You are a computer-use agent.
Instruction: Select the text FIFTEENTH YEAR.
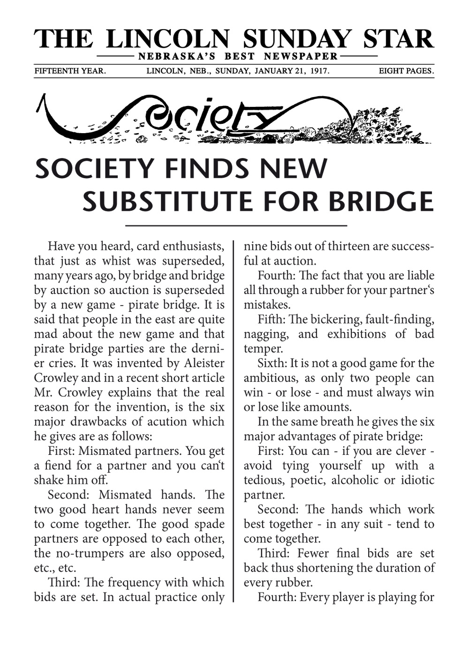(70, 71)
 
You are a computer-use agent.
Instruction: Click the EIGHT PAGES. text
(406, 71)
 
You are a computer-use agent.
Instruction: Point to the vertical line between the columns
(234, 422)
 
